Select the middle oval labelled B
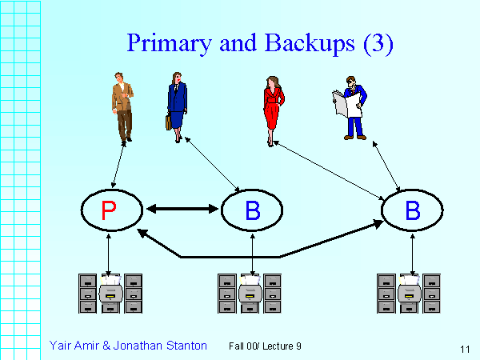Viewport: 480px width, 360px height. pos(252,210)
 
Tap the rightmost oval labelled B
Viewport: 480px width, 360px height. pos(412,210)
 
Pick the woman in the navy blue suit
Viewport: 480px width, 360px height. pos(176,104)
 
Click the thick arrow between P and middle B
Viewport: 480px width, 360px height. pos(182,210)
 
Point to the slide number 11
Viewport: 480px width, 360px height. pos(465,348)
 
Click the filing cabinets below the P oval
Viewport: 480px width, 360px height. pos(110,294)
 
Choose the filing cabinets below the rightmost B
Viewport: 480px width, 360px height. pos(409,294)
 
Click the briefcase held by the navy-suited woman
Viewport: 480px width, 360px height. pos(169,122)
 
